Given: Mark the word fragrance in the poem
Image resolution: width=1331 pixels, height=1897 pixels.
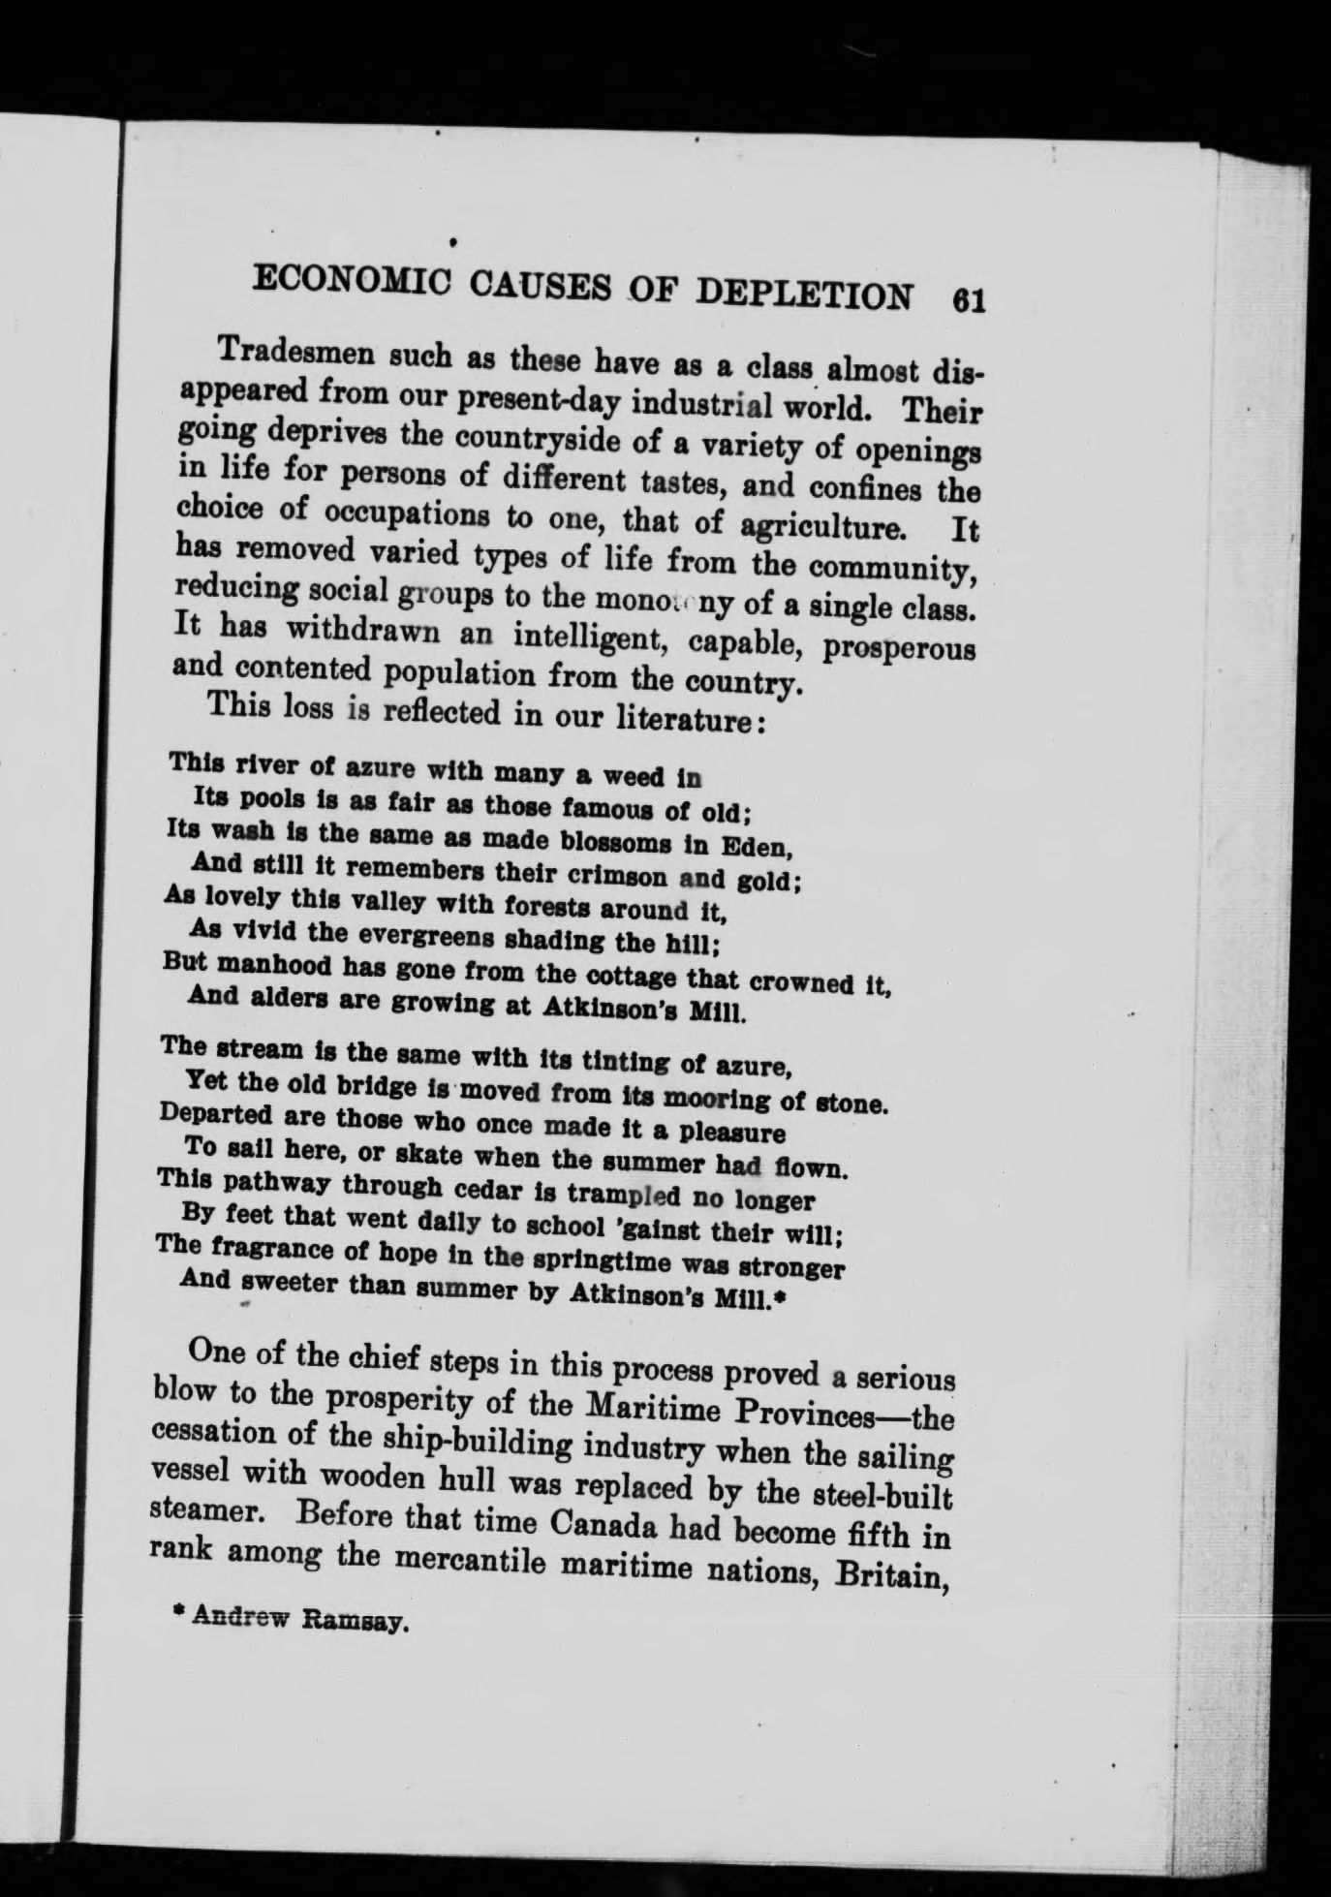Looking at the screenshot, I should tap(260, 1249).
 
